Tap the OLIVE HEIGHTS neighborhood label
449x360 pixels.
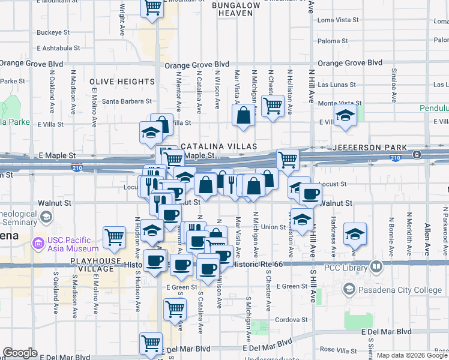tap(122, 82)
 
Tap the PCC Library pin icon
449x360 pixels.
tap(376, 265)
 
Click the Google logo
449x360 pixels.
tap(20, 353)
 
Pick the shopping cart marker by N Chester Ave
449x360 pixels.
tap(273, 106)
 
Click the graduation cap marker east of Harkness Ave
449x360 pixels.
tap(355, 233)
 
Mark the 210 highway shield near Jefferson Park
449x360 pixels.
tap(417, 154)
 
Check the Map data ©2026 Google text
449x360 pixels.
tap(411, 355)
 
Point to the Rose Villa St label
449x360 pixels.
tap(336, 349)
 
